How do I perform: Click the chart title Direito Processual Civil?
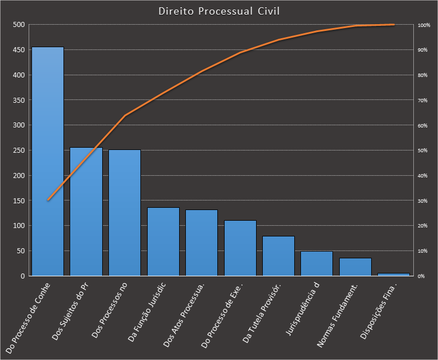[218, 11]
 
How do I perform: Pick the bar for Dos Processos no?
[125, 213]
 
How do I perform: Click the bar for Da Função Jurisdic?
[163, 242]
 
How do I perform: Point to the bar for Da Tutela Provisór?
[279, 256]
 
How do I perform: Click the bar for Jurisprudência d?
[317, 264]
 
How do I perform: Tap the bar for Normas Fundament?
[355, 267]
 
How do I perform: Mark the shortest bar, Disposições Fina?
[394, 275]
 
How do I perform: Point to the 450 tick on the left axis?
[19, 50]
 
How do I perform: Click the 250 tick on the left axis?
[19, 151]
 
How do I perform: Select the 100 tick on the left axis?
[19, 226]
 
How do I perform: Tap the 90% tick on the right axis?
[422, 50]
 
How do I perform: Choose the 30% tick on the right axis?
[422, 200]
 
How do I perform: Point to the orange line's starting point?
[48, 200]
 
